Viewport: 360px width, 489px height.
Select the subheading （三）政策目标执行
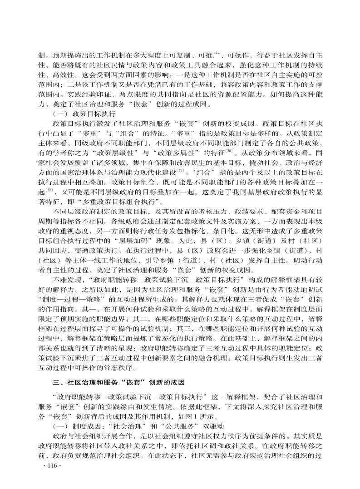point(84,114)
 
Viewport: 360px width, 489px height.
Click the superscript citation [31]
point(180,170)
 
